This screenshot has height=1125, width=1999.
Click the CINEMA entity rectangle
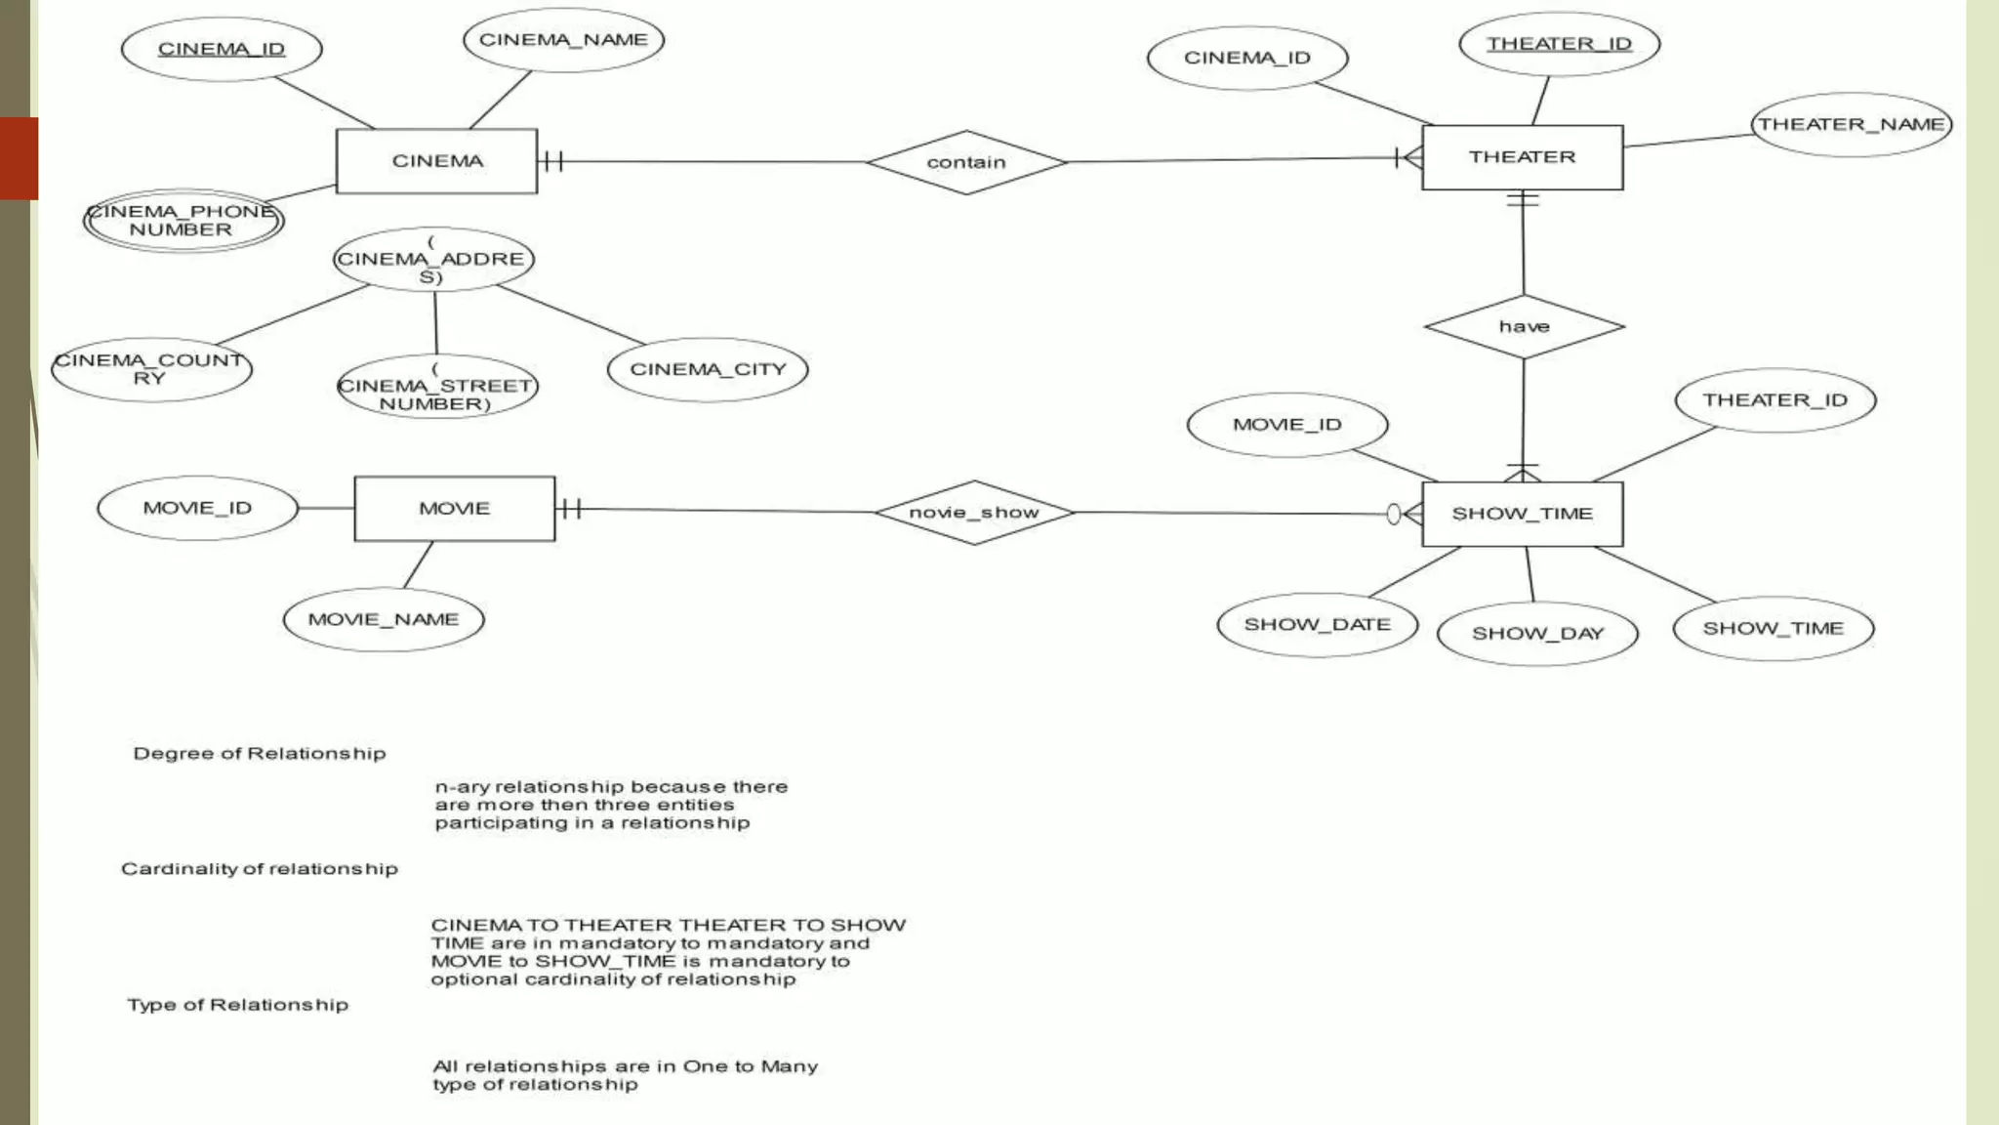[436, 161]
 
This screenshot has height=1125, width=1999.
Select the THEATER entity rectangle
[1522, 157]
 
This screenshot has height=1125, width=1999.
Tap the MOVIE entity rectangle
[454, 509]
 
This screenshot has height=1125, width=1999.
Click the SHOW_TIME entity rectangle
[1522, 514]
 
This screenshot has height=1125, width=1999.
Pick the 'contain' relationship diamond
[966, 162]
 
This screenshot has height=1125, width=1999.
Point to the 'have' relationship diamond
[1524, 327]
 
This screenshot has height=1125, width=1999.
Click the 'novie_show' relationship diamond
[974, 513]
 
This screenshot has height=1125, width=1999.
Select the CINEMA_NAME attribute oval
[563, 40]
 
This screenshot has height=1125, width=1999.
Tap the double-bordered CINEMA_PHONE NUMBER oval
[183, 221]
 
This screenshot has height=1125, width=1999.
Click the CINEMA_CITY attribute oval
[708, 369]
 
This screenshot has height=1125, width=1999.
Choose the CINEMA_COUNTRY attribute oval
[150, 369]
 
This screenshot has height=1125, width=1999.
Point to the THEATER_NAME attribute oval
[1852, 125]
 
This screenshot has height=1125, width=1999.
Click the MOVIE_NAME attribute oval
[384, 620]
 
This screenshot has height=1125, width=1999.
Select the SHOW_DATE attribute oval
[1317, 625]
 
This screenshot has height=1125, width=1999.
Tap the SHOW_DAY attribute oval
[1537, 634]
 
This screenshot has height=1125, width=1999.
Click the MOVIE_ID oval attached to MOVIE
[197, 509]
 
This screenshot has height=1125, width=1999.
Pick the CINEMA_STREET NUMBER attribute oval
[436, 388]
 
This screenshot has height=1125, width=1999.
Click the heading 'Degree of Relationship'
[260, 754]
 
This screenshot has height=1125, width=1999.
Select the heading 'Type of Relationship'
[237, 1005]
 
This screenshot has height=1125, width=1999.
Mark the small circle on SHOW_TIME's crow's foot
[1394, 514]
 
